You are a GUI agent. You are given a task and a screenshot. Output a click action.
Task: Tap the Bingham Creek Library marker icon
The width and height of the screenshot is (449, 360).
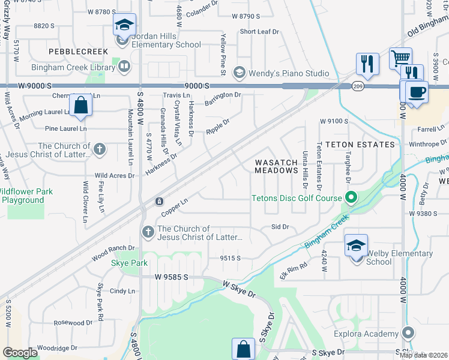point(124,67)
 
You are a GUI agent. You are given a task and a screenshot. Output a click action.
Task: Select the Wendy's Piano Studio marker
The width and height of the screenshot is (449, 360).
point(239,73)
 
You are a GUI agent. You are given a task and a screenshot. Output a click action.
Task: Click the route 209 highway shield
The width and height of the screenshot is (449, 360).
point(357,85)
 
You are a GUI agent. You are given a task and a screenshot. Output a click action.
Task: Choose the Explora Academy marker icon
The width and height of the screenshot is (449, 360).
point(408,333)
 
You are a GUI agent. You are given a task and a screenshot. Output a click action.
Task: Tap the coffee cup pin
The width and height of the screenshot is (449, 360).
point(417,92)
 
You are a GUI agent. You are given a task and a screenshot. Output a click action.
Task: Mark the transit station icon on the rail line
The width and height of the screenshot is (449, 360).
point(159,201)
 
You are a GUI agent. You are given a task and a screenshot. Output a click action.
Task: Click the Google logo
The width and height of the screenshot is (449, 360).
point(20,352)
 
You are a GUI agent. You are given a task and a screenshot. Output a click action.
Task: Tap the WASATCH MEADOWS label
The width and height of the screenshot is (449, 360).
point(277,166)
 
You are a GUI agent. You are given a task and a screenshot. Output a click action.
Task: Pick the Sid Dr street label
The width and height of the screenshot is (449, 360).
point(280,227)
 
